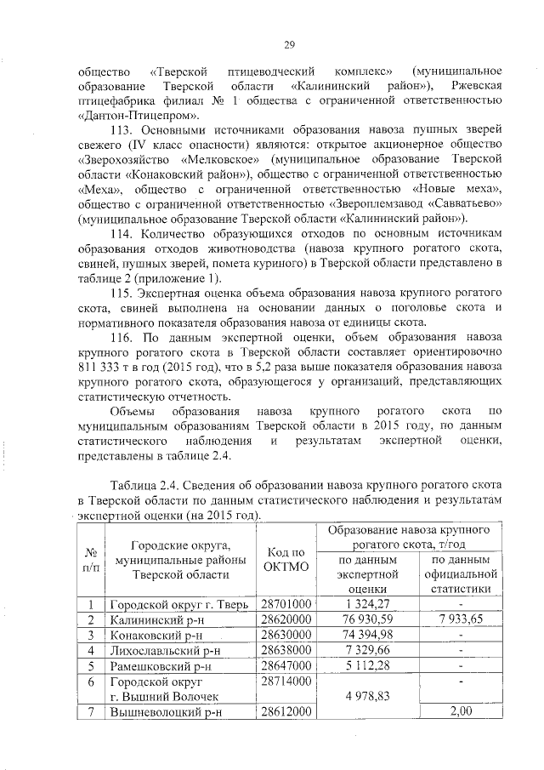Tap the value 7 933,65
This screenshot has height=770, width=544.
pos(460,620)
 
